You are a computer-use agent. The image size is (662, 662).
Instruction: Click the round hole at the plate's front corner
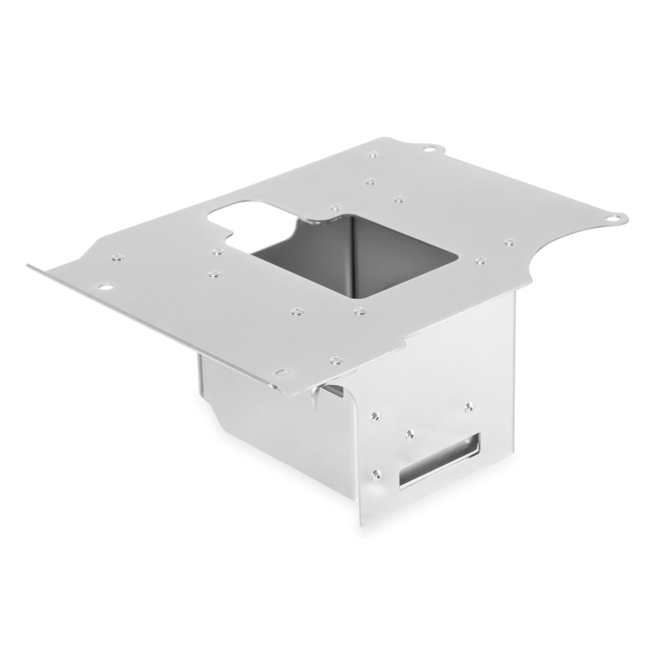(x=283, y=372)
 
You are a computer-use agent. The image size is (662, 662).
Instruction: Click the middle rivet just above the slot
(x=409, y=434)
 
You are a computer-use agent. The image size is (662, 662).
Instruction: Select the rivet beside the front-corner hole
(x=333, y=360)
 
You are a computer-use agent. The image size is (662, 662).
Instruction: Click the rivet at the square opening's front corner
(x=360, y=311)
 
